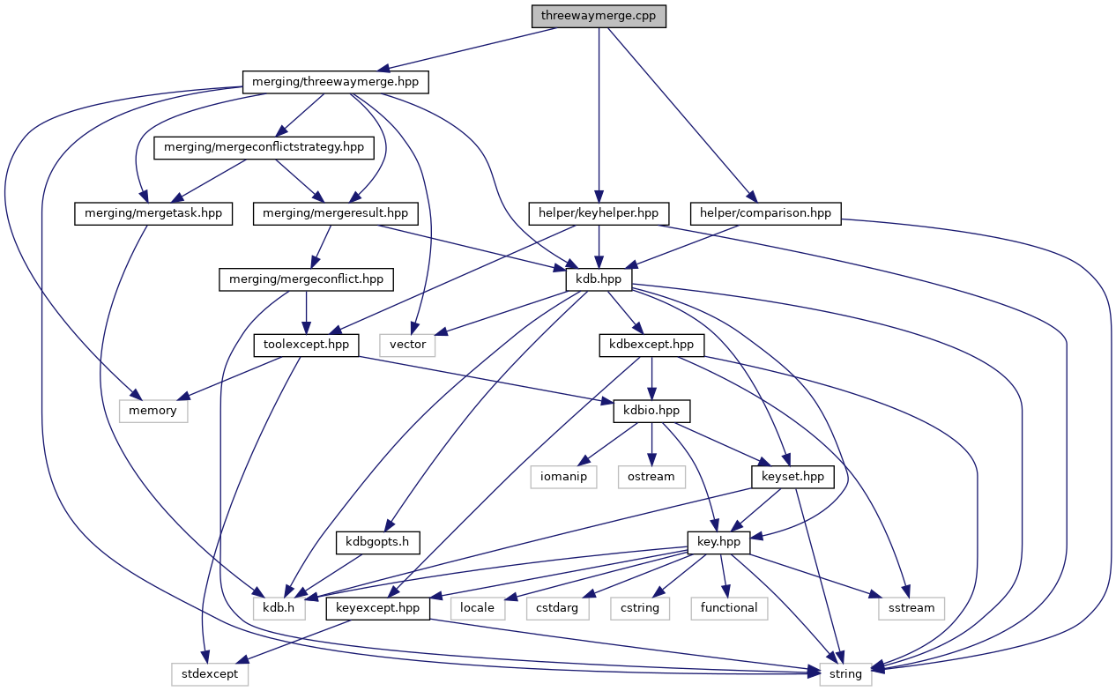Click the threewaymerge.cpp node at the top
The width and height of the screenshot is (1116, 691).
(599, 16)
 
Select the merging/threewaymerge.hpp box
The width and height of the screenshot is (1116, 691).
(335, 82)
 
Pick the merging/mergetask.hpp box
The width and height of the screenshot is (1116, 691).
(153, 213)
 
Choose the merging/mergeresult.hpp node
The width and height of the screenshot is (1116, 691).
(335, 213)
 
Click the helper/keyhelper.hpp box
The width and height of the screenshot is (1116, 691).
(599, 213)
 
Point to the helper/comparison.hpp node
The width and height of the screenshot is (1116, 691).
(766, 213)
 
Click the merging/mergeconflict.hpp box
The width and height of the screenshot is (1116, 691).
(306, 279)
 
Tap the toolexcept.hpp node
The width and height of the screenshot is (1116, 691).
(306, 345)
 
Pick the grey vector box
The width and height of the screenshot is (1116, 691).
(407, 345)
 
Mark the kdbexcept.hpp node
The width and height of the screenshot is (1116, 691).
(651, 345)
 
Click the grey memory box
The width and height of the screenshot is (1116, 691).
(153, 411)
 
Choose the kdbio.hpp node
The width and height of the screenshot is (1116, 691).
(651, 411)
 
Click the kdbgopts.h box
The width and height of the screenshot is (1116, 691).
(378, 542)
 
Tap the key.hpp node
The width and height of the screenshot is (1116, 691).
(718, 542)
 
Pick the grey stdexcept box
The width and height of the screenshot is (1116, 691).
(210, 674)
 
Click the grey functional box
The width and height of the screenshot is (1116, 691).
(729, 608)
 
